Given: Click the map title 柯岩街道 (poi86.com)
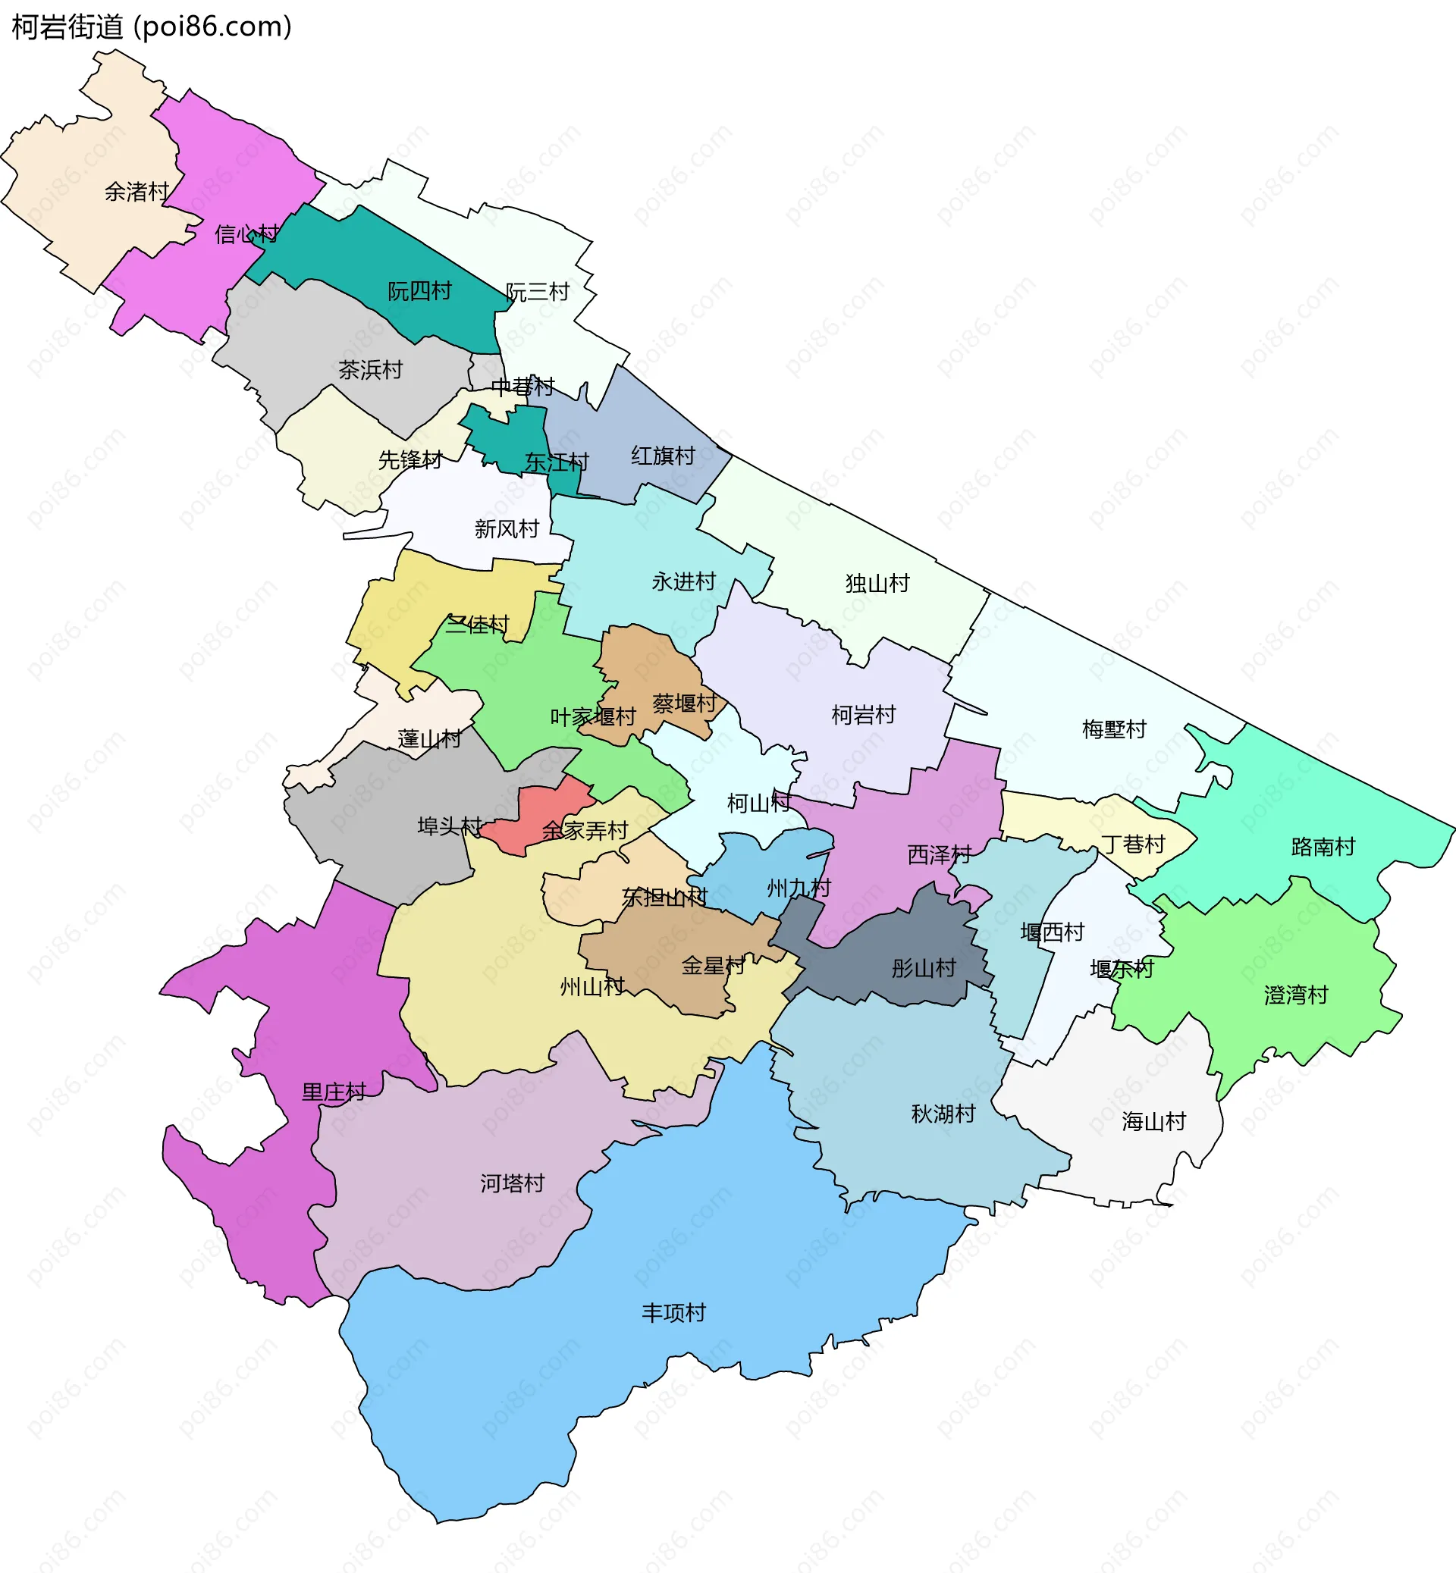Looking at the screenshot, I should [151, 27].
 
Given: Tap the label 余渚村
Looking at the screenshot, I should [137, 191].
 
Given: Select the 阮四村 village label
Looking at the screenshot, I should [419, 291].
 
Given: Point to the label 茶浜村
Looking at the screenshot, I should [370, 369].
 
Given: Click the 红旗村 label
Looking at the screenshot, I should [663, 456].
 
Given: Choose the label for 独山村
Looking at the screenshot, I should [877, 583].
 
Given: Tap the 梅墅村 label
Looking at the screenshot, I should [1113, 729].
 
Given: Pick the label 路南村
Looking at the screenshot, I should [1323, 847].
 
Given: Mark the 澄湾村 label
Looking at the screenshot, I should [1295, 995].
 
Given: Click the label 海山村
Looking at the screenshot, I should [1153, 1121].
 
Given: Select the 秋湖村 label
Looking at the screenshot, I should [943, 1113].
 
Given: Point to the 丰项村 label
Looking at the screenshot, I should [673, 1312].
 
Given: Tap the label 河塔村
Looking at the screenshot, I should [512, 1183].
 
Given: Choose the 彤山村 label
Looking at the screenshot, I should [924, 968].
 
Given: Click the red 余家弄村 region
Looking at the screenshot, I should [535, 819].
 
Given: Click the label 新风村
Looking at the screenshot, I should [506, 528].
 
